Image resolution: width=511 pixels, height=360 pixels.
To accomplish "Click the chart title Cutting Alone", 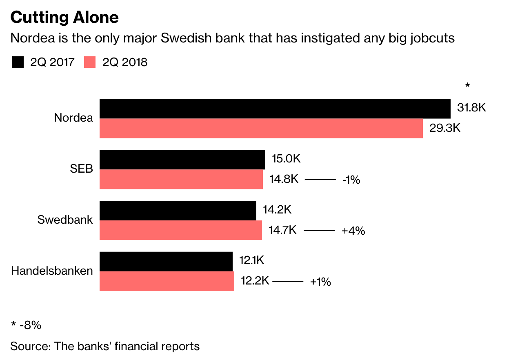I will (x=64, y=18).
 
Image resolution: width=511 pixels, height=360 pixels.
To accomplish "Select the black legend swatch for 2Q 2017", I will (x=18, y=62).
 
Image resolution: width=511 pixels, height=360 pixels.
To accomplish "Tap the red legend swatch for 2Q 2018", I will (x=89, y=62).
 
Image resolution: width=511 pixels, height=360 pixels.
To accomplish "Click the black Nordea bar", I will (x=275, y=109).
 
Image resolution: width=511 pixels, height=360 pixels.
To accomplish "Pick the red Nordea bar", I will (x=261, y=128).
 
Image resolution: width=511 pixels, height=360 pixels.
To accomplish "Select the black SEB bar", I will (x=182, y=160).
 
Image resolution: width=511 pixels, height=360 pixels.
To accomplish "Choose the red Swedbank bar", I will (x=180, y=230).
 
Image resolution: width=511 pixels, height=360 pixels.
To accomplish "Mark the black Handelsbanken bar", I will (x=166, y=261).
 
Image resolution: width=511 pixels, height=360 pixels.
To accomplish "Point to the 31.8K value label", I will (x=472, y=108).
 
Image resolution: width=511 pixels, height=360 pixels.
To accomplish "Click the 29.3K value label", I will (x=445, y=128).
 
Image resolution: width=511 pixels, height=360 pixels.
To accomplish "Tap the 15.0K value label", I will (x=286, y=159).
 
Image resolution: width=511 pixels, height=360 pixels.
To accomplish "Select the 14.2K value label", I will (x=277, y=210).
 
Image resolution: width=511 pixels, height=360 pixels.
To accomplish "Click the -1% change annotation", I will (x=351, y=180).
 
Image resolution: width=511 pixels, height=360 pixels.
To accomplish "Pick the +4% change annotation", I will (x=353, y=231).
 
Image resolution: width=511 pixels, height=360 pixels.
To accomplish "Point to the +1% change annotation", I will (x=320, y=282).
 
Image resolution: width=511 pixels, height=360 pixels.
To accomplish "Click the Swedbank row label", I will (x=65, y=220).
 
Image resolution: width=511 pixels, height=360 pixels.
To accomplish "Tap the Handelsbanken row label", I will (x=52, y=271).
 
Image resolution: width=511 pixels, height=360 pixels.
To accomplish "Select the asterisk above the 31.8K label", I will (x=468, y=86).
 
